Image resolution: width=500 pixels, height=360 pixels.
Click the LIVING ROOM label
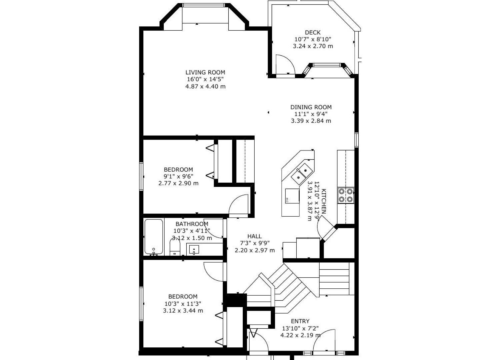(x=205, y=72)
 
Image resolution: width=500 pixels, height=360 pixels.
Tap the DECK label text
(x=313, y=32)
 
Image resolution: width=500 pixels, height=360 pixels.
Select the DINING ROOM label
(x=311, y=107)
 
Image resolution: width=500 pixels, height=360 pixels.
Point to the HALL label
(x=254, y=236)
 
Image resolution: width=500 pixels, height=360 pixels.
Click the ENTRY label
(x=300, y=321)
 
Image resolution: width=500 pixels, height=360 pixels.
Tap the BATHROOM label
(x=192, y=224)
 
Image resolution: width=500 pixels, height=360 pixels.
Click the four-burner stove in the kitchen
(x=346, y=195)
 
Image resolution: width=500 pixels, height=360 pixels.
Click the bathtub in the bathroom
(x=154, y=237)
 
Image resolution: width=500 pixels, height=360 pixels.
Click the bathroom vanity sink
(x=194, y=249)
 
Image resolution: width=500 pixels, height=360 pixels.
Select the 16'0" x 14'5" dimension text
(x=205, y=79)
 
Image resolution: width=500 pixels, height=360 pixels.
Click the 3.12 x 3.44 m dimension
(x=183, y=311)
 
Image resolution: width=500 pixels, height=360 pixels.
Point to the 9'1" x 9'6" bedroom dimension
(x=178, y=176)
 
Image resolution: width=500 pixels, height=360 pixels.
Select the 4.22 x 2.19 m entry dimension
(x=300, y=335)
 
